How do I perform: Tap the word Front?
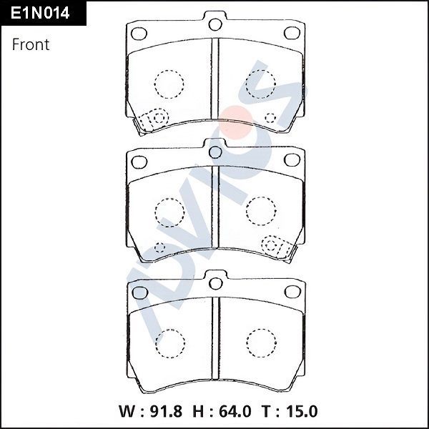coord(31,44)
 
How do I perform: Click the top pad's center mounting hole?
coord(215,25)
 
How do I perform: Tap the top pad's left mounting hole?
coord(139,33)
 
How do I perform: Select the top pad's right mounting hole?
coord(291,33)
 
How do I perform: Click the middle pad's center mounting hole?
coord(215,152)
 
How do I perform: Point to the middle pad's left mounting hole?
coord(139,160)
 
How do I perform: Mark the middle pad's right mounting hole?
coord(291,160)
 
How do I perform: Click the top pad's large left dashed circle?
coord(169,84)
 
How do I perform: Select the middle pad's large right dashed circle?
coord(260,210)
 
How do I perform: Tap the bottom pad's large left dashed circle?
coord(169,340)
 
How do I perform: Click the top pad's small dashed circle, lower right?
coord(270,117)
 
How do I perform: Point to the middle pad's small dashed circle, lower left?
coord(159,247)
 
